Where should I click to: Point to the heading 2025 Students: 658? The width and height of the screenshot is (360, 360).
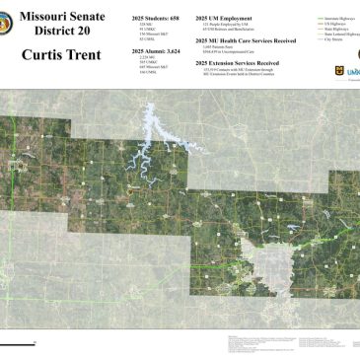tap(155, 19)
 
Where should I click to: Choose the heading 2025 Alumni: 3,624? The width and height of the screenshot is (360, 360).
tap(156, 48)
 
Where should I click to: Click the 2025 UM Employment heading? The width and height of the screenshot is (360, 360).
tap(224, 19)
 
